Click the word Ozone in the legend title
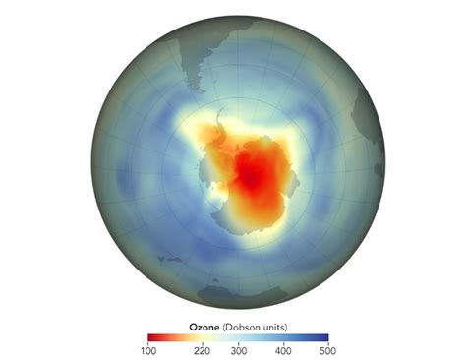(204, 323)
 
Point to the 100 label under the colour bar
(148, 350)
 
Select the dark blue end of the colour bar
(323, 334)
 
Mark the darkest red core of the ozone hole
(253, 177)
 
